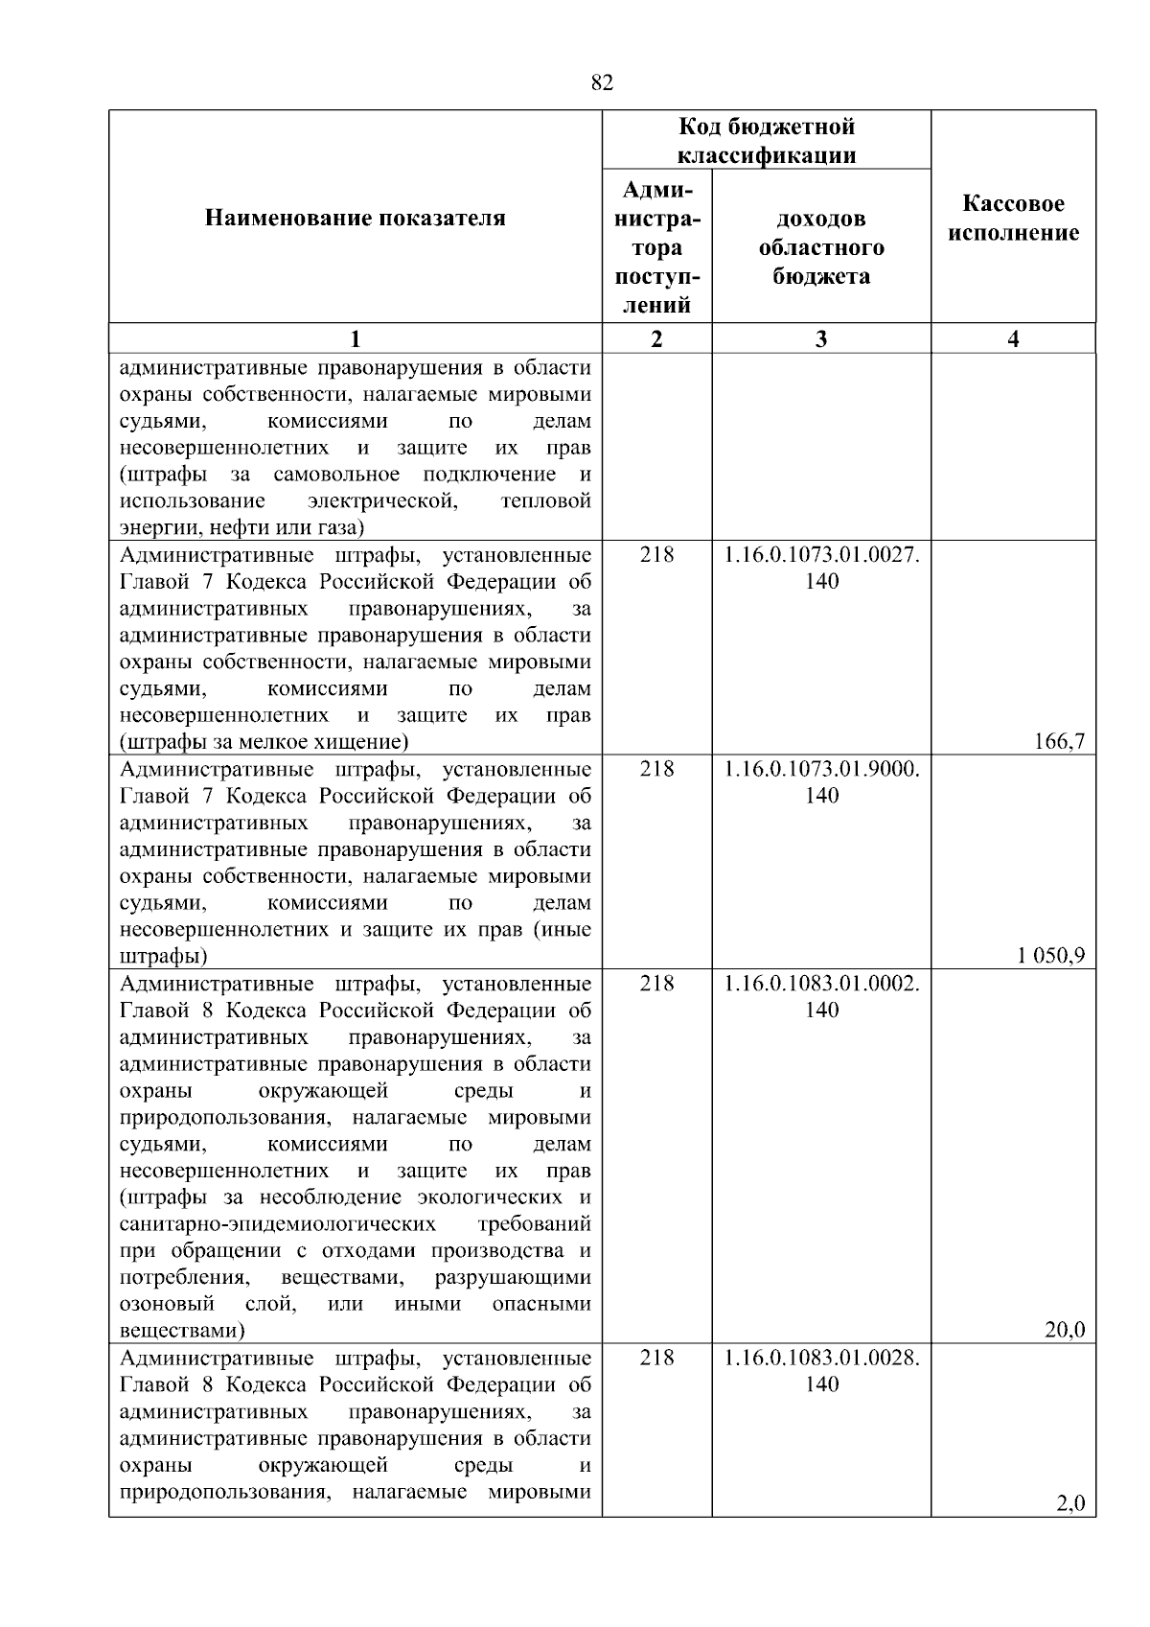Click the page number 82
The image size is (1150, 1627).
(x=601, y=83)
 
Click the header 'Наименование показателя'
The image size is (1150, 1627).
(x=356, y=219)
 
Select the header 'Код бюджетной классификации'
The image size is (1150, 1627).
(x=767, y=141)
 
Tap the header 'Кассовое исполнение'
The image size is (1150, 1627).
(x=1014, y=219)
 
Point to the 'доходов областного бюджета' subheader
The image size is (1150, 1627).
(x=821, y=247)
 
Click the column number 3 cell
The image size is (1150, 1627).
(x=821, y=338)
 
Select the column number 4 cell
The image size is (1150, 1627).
(x=1014, y=338)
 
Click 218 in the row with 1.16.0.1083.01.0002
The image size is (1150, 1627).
(x=656, y=984)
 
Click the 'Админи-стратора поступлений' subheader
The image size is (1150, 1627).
(x=656, y=247)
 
